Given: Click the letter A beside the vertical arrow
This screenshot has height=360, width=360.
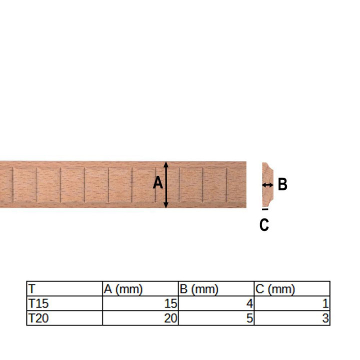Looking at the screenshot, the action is (x=158, y=183).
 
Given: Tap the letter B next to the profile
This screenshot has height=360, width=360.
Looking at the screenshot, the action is (x=282, y=184).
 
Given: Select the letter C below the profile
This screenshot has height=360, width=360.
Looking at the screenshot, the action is (x=264, y=224).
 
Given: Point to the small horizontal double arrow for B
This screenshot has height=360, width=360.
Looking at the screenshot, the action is (x=267, y=185).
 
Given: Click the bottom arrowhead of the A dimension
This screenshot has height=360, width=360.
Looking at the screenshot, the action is (x=166, y=205).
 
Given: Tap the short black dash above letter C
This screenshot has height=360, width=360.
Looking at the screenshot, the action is (x=265, y=209).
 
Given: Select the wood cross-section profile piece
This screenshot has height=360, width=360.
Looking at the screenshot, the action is (x=267, y=184).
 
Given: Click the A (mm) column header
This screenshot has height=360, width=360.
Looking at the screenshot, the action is (x=123, y=289).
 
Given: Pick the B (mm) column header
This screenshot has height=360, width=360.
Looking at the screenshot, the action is (x=199, y=289).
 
